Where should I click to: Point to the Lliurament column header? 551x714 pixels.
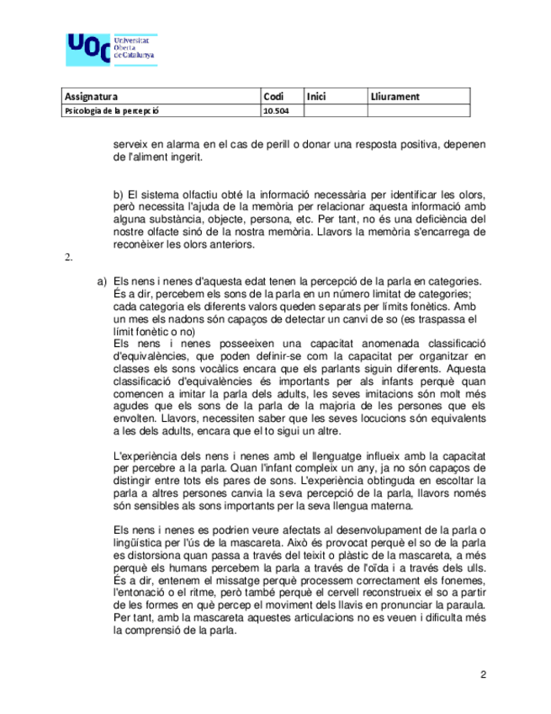pyautogui.click(x=395, y=97)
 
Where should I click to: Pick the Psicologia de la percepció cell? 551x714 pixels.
pyautogui.click(x=112, y=110)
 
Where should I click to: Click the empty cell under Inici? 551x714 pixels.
pyautogui.click(x=335, y=110)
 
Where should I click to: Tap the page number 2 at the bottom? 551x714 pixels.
pyautogui.click(x=483, y=674)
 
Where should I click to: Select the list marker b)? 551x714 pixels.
pyautogui.click(x=119, y=195)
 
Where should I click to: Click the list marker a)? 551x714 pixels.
pyautogui.click(x=102, y=280)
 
